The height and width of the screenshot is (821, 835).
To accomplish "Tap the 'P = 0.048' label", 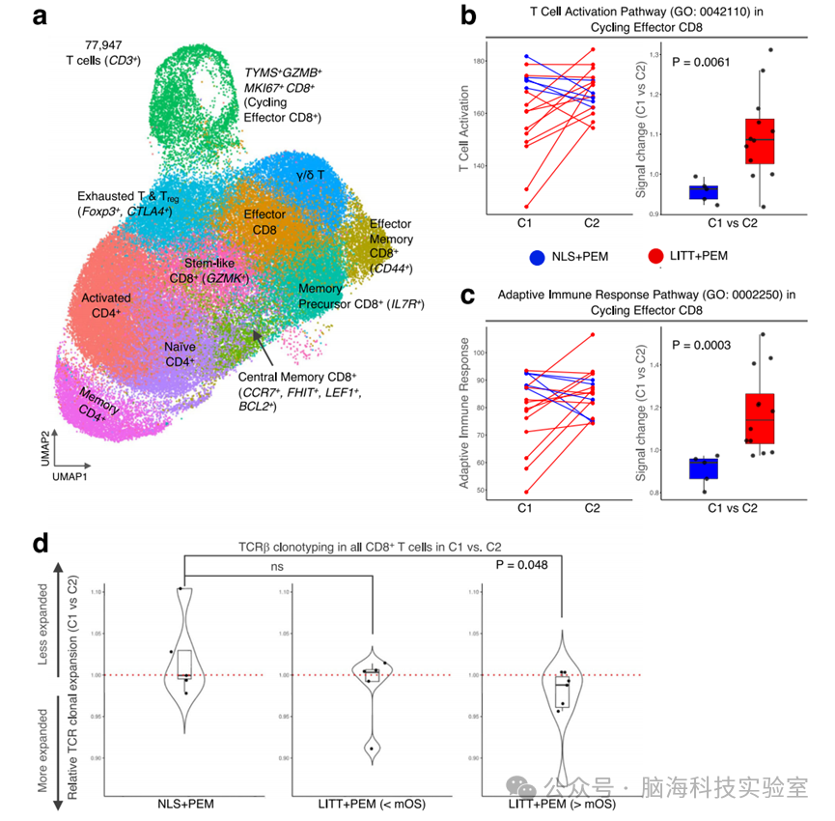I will click(527, 565).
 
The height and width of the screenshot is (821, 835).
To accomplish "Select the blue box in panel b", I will click(704, 191).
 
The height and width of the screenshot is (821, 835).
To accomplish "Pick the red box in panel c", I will click(760, 418).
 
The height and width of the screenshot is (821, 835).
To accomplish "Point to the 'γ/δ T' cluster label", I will click(314, 175).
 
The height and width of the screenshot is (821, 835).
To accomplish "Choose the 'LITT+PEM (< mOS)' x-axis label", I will click(373, 804).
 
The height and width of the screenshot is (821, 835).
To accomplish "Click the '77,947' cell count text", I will click(97, 44).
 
